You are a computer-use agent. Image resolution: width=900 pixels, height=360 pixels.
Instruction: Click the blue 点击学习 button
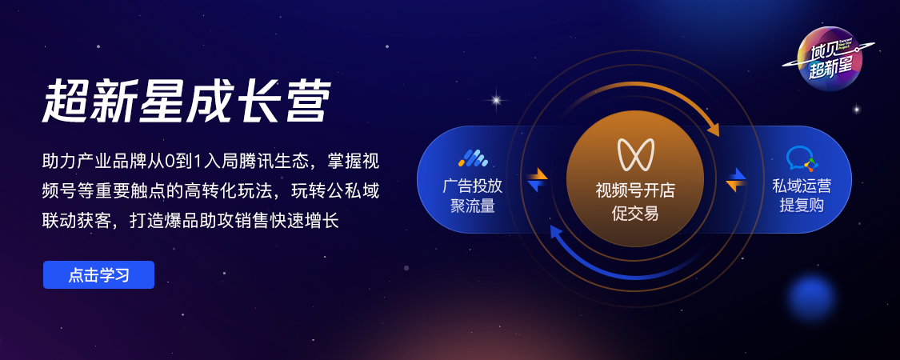[98, 275]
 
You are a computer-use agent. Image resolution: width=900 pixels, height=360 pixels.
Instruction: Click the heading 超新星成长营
[187, 102]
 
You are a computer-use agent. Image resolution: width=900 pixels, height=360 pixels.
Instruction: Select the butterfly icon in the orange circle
[635, 154]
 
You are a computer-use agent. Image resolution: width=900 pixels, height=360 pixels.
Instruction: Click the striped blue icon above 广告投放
[472, 158]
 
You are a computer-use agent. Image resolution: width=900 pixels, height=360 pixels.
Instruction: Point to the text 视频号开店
[635, 191]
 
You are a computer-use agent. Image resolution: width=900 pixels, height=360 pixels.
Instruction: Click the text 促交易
[635, 214]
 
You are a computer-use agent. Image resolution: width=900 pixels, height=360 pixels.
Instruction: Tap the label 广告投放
[472, 186]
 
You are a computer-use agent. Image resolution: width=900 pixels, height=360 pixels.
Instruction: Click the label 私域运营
[802, 186]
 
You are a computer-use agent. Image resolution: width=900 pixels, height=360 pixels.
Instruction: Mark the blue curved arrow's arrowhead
[556, 231]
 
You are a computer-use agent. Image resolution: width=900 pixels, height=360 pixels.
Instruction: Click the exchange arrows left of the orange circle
[538, 179]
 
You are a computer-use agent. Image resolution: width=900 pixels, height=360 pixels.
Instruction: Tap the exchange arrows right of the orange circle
[737, 180]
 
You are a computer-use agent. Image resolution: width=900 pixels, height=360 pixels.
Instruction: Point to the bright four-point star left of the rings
[496, 100]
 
